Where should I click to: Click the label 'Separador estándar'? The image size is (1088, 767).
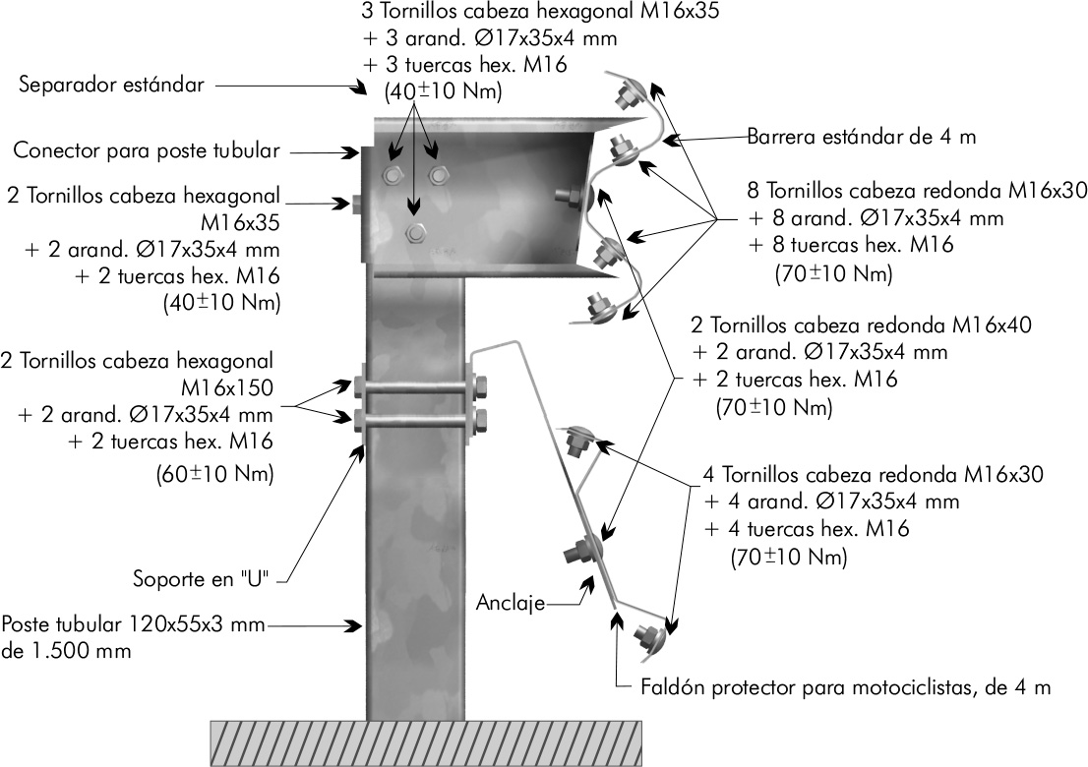pyautogui.click(x=111, y=86)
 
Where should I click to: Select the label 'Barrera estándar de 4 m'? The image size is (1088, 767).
pyautogui.click(x=861, y=138)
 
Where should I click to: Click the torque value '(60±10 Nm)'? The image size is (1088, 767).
pyautogui.click(x=214, y=473)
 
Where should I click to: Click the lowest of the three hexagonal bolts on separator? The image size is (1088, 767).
pyautogui.click(x=415, y=232)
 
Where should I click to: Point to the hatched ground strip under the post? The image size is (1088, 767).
pyautogui.click(x=426, y=742)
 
